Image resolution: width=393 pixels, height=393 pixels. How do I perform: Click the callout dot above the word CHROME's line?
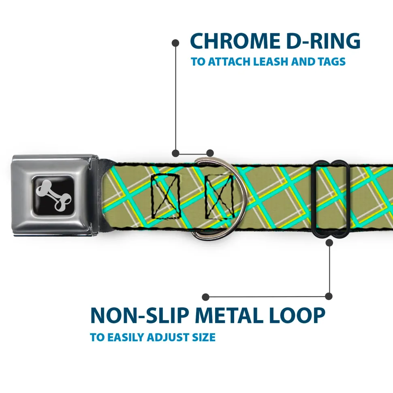[x=175, y=42]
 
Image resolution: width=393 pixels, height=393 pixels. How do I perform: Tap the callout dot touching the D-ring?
[x=210, y=153]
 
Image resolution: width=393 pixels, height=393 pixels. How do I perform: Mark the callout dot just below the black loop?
[x=329, y=242]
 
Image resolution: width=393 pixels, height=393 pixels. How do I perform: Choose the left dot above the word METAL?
[x=206, y=297]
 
